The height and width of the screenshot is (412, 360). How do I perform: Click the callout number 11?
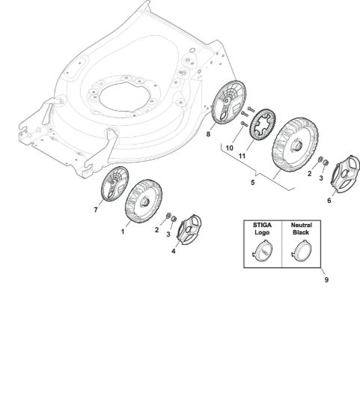(x=242, y=156)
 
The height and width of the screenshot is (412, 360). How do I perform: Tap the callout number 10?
(x=229, y=148)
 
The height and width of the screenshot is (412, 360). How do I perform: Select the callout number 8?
(x=208, y=134)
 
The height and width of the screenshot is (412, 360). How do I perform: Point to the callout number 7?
(x=96, y=210)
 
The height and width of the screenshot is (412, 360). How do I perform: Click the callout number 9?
(x=326, y=279)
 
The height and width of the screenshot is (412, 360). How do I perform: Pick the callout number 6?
(x=329, y=201)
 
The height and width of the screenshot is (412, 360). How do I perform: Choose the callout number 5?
(x=253, y=182)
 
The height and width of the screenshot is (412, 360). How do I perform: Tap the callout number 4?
(x=174, y=251)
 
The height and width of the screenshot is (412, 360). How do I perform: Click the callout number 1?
(x=122, y=231)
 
